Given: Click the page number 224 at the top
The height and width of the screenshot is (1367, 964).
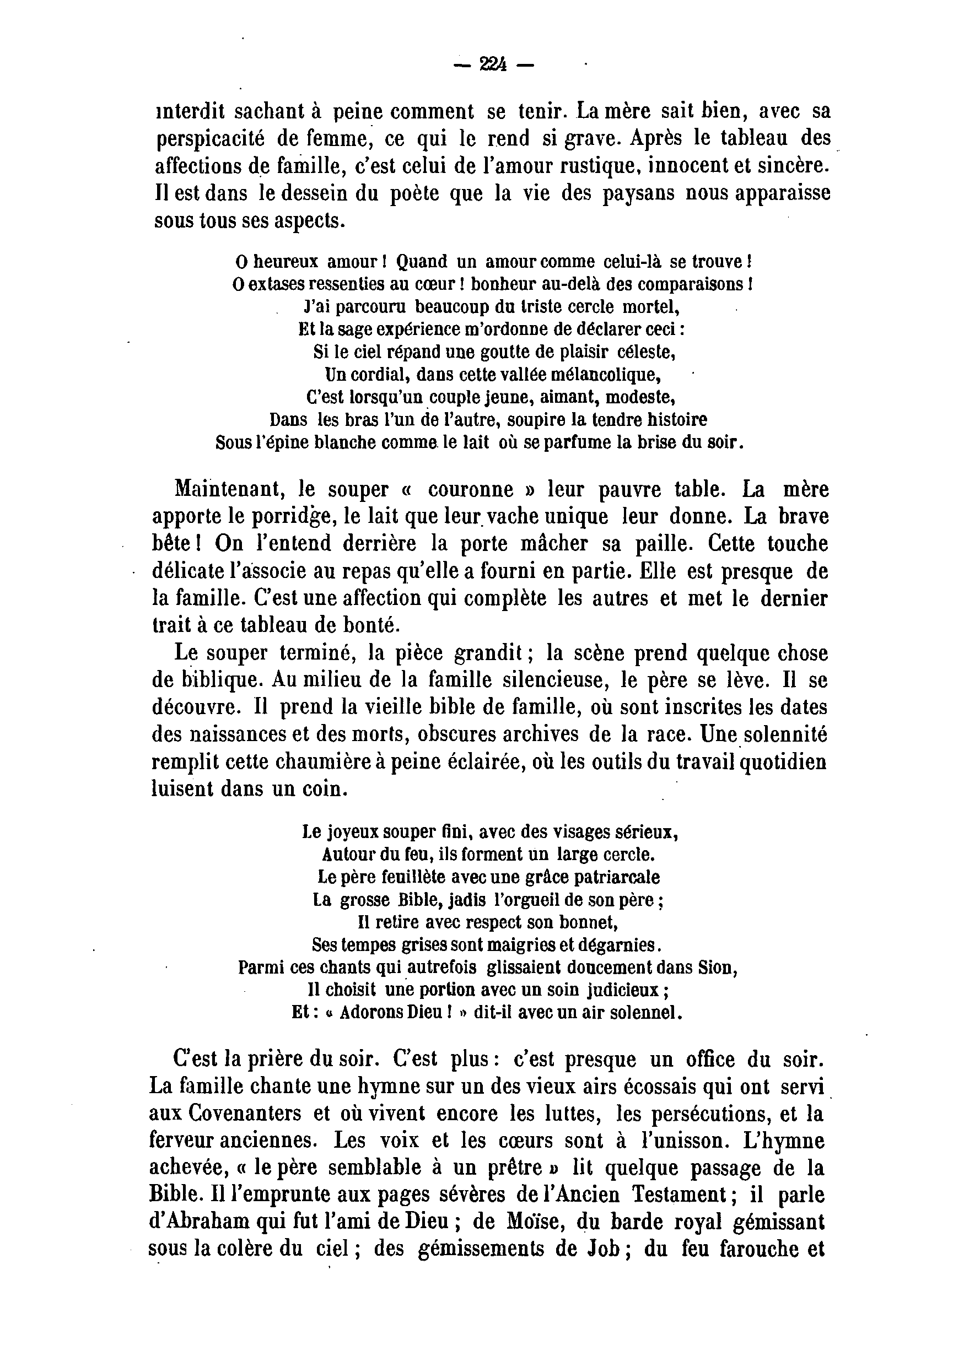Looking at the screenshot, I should tap(493, 64).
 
